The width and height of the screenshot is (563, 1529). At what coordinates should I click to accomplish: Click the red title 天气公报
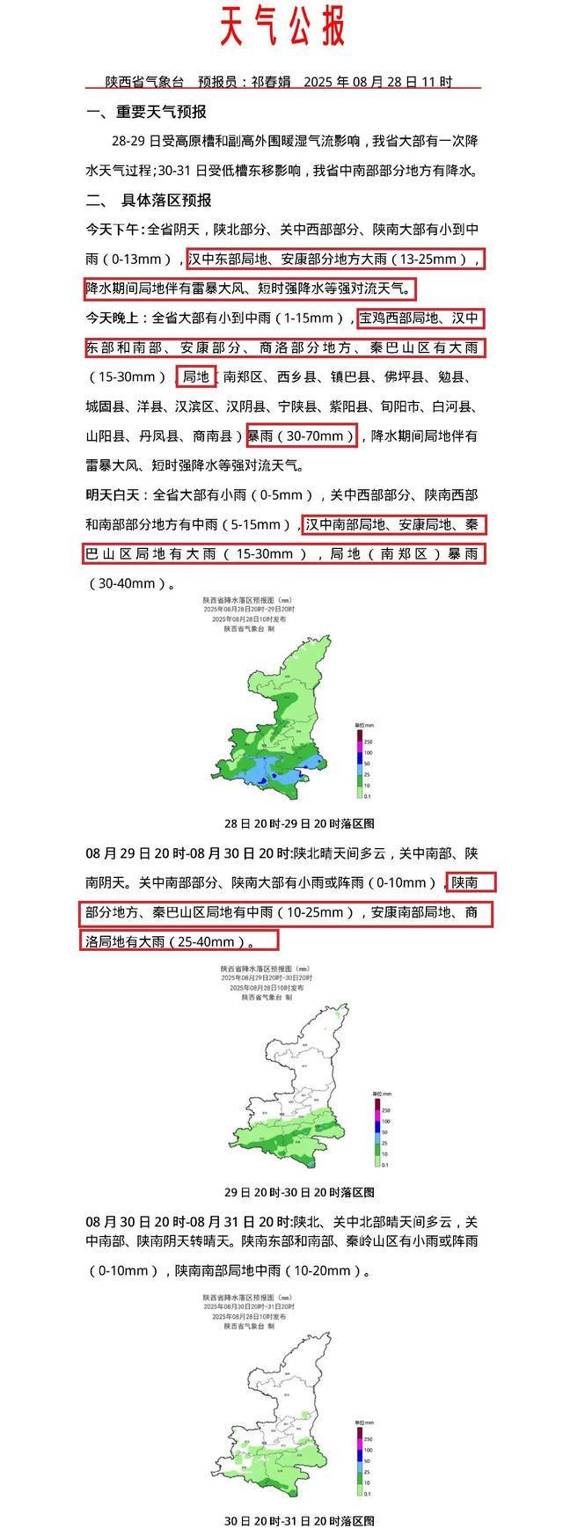(x=281, y=26)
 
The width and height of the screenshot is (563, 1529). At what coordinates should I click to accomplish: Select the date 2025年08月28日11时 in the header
(x=378, y=82)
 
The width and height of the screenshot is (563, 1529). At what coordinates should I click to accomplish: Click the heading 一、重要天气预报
(x=147, y=112)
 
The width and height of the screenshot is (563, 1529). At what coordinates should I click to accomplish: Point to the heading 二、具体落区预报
(x=149, y=200)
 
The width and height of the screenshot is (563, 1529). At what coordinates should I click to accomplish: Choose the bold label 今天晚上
(x=115, y=318)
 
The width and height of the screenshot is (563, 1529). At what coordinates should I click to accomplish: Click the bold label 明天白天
(x=115, y=494)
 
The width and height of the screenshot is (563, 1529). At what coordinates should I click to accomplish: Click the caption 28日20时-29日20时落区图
(x=300, y=823)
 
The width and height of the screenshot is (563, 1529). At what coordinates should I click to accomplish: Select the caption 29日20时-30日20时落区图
(x=300, y=1192)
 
